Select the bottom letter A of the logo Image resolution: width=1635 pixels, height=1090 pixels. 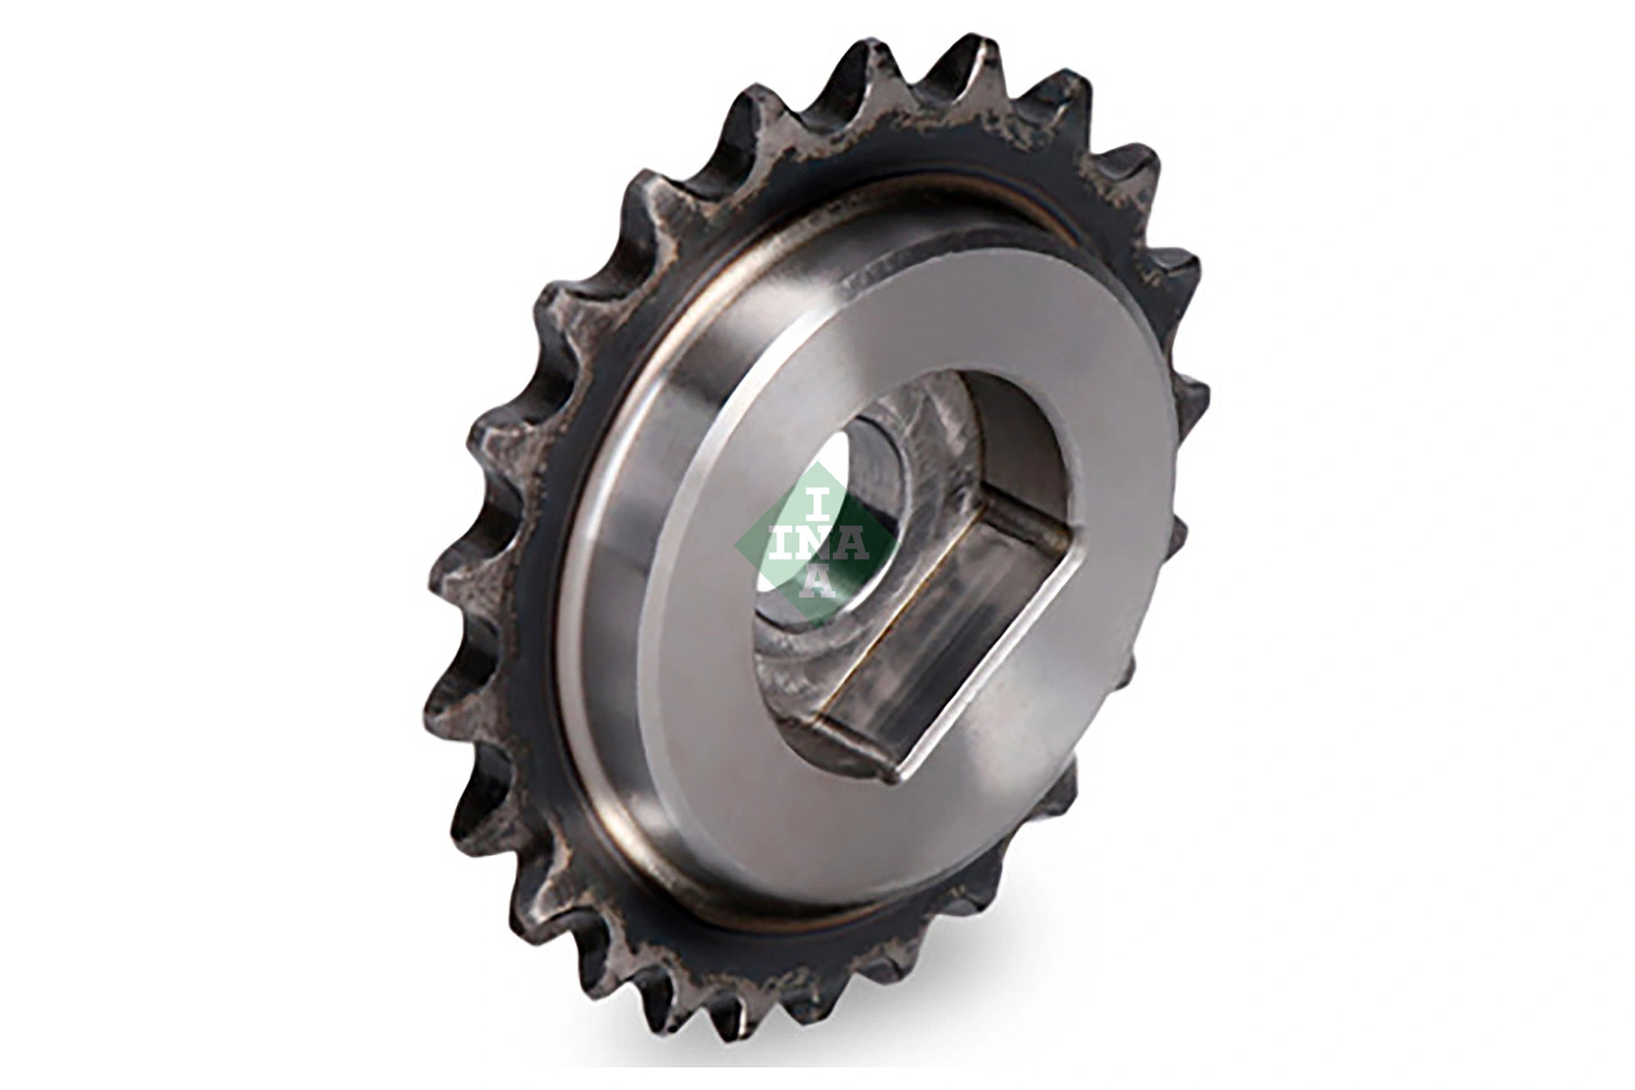[816, 582]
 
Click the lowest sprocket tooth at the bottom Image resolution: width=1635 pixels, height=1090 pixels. [740, 1045]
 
